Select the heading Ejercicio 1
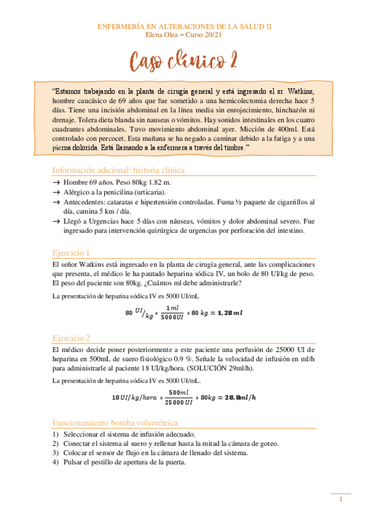(71, 252)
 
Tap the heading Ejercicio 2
(71, 337)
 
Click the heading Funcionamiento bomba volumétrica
(115, 422)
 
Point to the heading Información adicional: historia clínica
(118, 170)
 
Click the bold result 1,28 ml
(226, 313)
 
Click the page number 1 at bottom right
(341, 500)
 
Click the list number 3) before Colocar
(56, 453)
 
